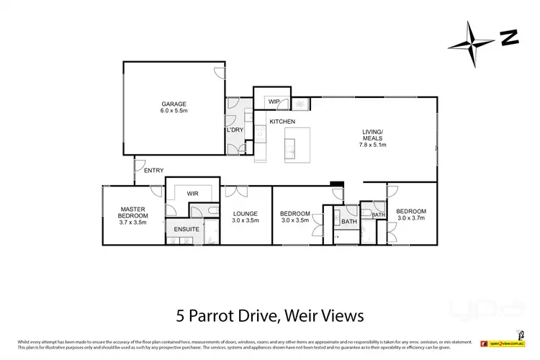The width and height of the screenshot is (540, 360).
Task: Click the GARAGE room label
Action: tap(172, 104)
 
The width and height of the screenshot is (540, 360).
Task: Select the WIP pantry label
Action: tap(274, 102)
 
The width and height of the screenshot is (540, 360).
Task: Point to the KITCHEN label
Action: tap(282, 122)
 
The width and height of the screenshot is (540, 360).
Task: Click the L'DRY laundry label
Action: tap(235, 130)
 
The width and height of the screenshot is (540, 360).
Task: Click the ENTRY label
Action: tap(153, 171)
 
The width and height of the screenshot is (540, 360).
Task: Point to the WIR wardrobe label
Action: tap(193, 194)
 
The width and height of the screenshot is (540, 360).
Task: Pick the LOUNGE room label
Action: tap(246, 214)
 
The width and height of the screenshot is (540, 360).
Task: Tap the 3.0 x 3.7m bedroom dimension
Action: tap(412, 218)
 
